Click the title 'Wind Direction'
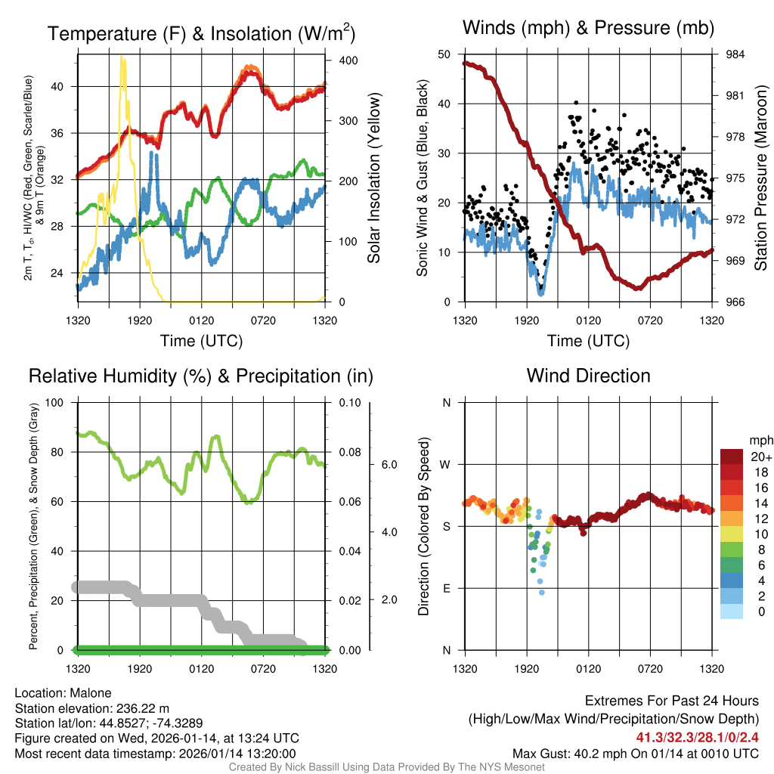click(x=588, y=376)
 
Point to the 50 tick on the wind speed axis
click(x=444, y=54)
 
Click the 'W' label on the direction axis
click(x=446, y=464)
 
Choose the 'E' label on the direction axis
click(x=446, y=588)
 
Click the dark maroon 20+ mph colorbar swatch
click(x=733, y=457)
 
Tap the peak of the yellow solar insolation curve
click(x=122, y=57)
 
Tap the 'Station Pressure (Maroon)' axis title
click(x=761, y=178)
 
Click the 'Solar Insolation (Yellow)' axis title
click(x=373, y=178)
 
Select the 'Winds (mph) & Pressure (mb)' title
click(x=588, y=28)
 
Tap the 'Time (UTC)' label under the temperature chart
click(x=201, y=341)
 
